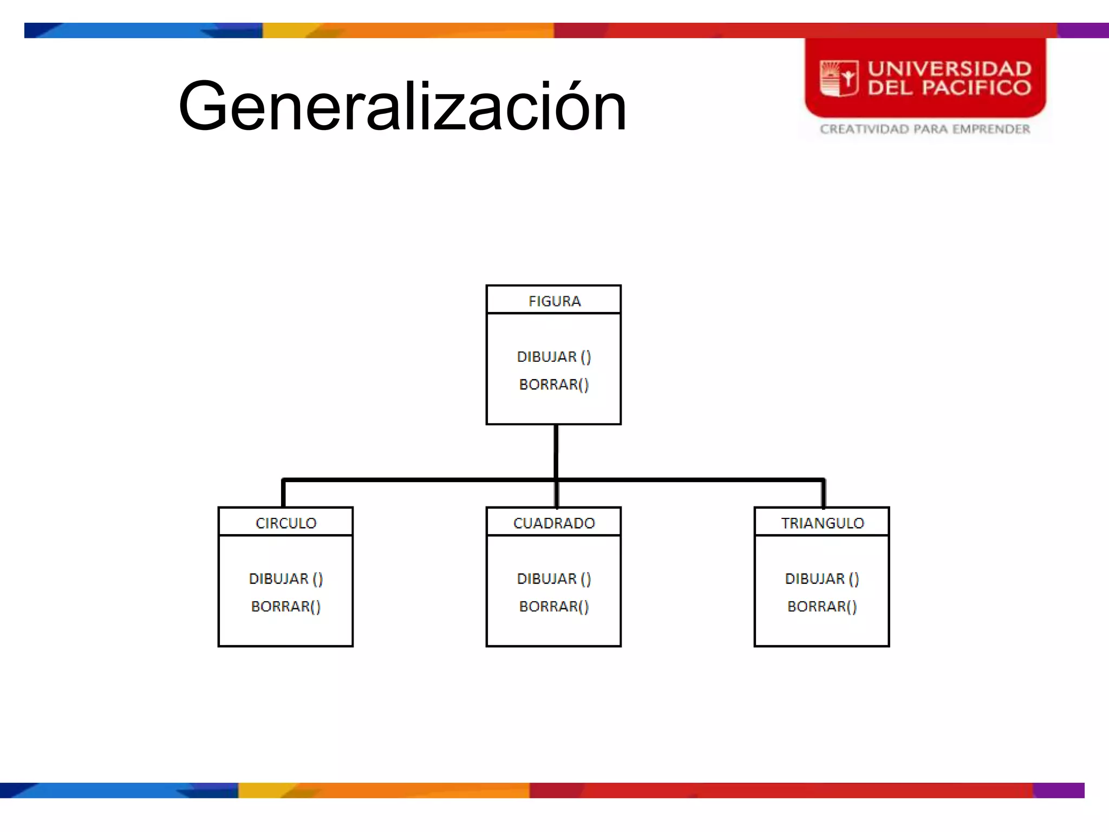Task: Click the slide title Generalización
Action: tap(402, 106)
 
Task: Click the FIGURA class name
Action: tap(554, 301)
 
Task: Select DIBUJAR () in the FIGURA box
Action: tap(554, 357)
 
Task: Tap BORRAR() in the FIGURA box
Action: tap(554, 385)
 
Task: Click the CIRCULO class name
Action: tap(286, 523)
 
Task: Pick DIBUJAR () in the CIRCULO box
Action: tap(286, 579)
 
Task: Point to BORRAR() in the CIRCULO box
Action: tap(286, 607)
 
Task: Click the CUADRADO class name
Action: tap(554, 523)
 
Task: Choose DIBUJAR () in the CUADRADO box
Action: tap(554, 579)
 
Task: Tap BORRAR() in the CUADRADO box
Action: tap(554, 607)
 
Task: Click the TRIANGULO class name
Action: tap(823, 523)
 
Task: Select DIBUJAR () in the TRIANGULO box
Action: tap(822, 579)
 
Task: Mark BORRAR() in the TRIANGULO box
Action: tap(822, 607)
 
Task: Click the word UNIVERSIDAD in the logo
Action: tap(950, 69)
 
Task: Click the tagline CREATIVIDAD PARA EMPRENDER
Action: tap(925, 129)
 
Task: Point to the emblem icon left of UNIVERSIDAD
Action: tap(839, 79)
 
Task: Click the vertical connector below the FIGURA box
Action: tap(556, 451)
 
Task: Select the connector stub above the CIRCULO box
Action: tap(283, 493)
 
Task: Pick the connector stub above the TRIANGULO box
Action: tap(824, 493)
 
